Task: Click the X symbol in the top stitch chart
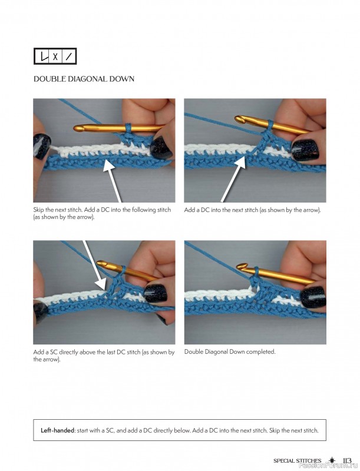55,57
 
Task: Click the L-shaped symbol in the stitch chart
44,56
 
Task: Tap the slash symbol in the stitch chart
69,57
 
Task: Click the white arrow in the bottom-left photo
94,266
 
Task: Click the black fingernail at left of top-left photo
41,146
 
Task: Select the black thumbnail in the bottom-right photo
313,297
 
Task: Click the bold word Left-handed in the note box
57,430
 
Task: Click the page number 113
347,460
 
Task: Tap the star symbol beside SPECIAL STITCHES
332,460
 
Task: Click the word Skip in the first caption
38,210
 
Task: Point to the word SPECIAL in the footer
284,461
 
